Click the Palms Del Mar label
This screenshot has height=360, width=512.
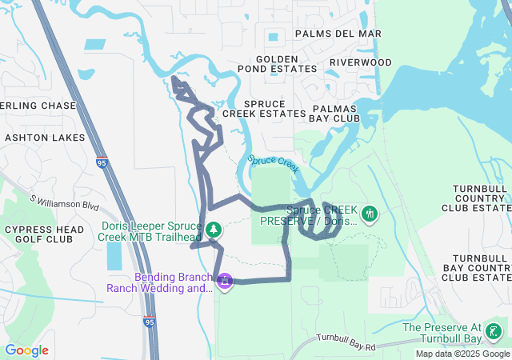pos(338,34)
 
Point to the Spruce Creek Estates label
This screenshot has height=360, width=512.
pos(263,109)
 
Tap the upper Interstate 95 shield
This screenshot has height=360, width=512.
pos(102,162)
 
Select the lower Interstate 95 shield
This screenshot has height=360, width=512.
pos(150,321)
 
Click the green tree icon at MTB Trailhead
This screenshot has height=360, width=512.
pos(214,230)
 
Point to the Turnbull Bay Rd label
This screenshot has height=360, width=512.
pos(346,342)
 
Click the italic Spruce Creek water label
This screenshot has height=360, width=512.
pos(273,162)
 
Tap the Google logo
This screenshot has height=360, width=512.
pos(26,350)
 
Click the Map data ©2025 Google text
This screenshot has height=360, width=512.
pos(462,354)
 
